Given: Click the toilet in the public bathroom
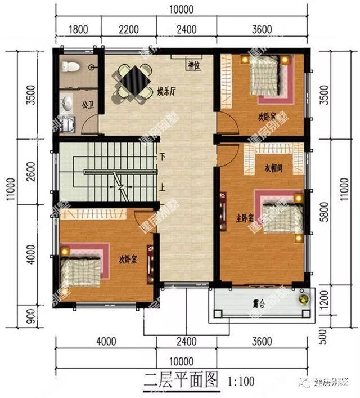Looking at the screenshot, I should pos(70,66).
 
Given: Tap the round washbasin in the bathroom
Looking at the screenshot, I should pos(67,103).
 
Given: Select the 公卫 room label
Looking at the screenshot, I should pos(87,105).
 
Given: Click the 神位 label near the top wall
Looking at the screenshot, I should pos(194,65).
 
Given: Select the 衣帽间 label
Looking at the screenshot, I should pos(273,168).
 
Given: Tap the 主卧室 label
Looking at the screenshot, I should pos(245,215).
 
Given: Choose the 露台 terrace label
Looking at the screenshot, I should pos(259,304).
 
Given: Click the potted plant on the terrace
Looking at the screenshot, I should pos(304,298).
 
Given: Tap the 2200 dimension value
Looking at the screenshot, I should pos(128,29).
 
